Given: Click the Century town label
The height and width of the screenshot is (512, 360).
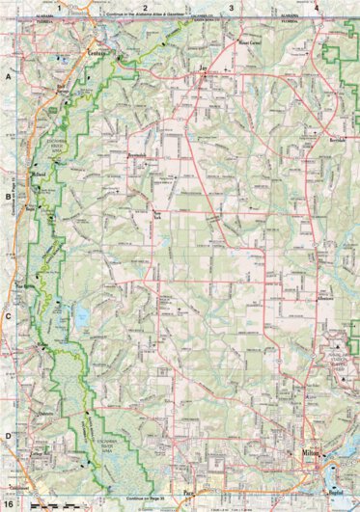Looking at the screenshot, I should click(x=97, y=54).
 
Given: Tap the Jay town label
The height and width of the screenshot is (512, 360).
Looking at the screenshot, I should click(x=204, y=69).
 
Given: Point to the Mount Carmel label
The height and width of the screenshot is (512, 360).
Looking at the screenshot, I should click(x=247, y=44).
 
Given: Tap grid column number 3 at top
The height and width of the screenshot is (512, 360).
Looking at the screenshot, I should click(x=231, y=7).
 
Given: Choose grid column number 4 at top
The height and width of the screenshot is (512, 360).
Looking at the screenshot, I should click(x=317, y=7).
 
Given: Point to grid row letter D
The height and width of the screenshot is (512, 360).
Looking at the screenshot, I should click(x=8, y=436).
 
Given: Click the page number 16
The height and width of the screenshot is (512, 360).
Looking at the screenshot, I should click(x=9, y=504).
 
